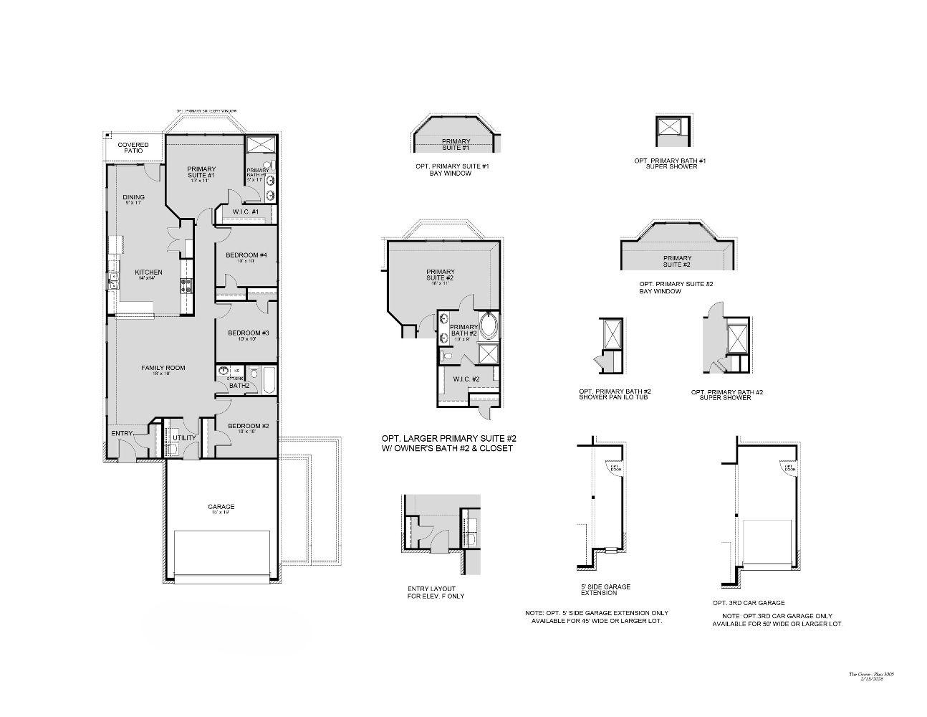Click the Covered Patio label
pyautogui.click(x=133, y=148)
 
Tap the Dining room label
pyautogui.click(x=133, y=197)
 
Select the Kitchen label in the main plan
pyautogui.click(x=148, y=272)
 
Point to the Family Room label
pyautogui.click(x=163, y=368)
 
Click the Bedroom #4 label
pyautogui.click(x=246, y=255)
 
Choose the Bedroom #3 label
pyautogui.click(x=248, y=333)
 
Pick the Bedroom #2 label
pyautogui.click(x=248, y=426)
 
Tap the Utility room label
pyautogui.click(x=184, y=437)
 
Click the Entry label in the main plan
pyautogui.click(x=122, y=433)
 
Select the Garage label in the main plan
pyautogui.click(x=221, y=507)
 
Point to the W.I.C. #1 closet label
pyautogui.click(x=246, y=212)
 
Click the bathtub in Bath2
pyautogui.click(x=269, y=380)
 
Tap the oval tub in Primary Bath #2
pyautogui.click(x=489, y=326)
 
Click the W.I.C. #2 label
pyautogui.click(x=466, y=379)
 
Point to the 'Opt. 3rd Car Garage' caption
pyautogui.click(x=749, y=603)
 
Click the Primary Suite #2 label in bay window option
pyautogui.click(x=676, y=261)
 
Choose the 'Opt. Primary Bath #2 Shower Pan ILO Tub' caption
pyautogui.click(x=614, y=394)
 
